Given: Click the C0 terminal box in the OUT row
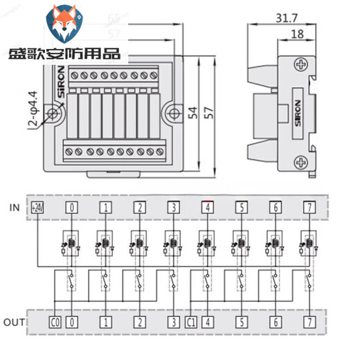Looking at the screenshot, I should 56,321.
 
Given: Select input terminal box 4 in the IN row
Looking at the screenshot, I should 207,206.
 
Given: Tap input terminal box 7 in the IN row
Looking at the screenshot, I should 308,206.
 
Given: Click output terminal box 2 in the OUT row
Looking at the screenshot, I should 139,321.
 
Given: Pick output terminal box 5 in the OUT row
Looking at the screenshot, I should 240,321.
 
